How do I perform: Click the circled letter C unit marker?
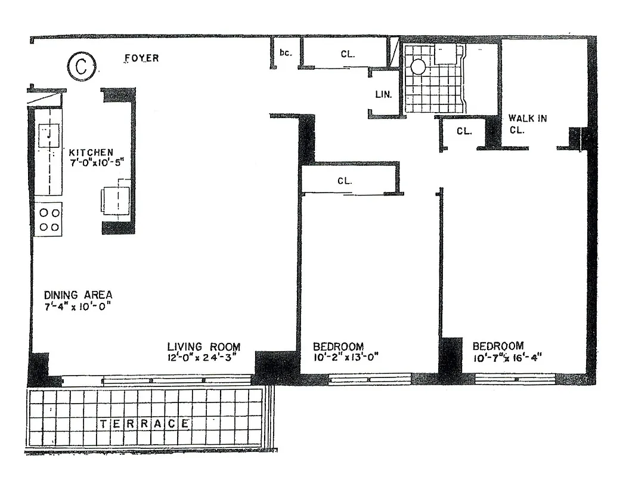tap(80, 67)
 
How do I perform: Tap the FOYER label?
tap(141, 58)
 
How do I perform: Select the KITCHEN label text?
tap(91, 153)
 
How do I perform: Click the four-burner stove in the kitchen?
tap(48, 219)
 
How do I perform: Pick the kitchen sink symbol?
tap(48, 135)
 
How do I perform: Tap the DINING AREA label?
tap(78, 295)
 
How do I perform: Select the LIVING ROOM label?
tap(203, 346)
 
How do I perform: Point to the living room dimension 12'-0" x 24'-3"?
tap(203, 358)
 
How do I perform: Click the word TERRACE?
tap(144, 424)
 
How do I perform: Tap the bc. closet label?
tap(286, 53)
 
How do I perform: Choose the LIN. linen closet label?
tap(383, 94)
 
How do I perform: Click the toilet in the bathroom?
tap(419, 66)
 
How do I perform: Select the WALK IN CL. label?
tap(527, 124)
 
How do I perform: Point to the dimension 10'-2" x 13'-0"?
tap(346, 358)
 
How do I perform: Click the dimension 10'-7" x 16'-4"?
tap(506, 358)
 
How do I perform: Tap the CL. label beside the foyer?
tap(348, 54)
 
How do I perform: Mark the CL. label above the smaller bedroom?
tap(345, 181)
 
